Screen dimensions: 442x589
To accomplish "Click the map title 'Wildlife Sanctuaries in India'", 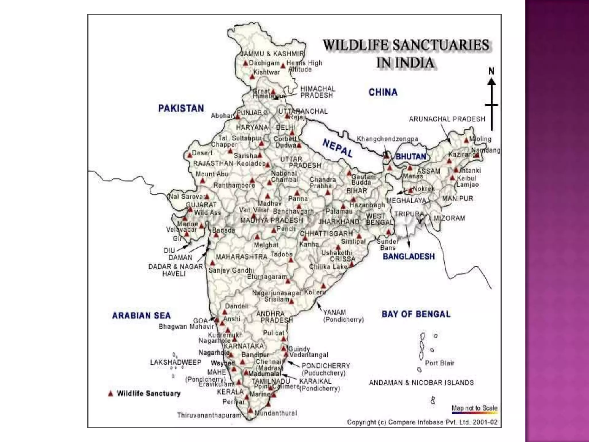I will tap(406, 54).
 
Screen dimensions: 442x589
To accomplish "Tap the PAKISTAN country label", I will tap(181, 108).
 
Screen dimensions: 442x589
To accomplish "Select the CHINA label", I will tap(383, 92).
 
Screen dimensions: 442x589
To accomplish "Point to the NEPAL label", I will tap(337, 148).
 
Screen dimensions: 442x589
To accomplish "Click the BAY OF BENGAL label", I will tap(416, 314).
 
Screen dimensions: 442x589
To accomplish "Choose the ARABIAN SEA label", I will tap(141, 316).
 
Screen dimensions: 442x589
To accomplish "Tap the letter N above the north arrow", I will tap(491, 71).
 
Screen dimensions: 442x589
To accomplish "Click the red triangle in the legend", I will tap(110, 394).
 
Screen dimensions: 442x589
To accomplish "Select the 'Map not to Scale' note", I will tap(474, 408).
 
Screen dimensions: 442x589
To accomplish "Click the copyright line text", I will tap(422, 422).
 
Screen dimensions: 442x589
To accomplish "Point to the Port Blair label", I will tap(439, 363).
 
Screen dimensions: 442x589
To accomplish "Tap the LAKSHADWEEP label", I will tap(175, 362).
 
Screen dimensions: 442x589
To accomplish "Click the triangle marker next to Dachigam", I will tap(245, 63).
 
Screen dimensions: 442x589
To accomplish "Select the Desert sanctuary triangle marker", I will tap(190, 156).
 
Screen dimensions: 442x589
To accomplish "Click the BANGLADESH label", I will tap(408, 256).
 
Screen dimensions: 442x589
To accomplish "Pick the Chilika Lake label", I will tap(328, 267).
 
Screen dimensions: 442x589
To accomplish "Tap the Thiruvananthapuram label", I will tap(209, 415).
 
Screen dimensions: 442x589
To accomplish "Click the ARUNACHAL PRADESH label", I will tap(447, 119).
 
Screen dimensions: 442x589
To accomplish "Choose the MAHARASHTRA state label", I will tap(242, 257).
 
